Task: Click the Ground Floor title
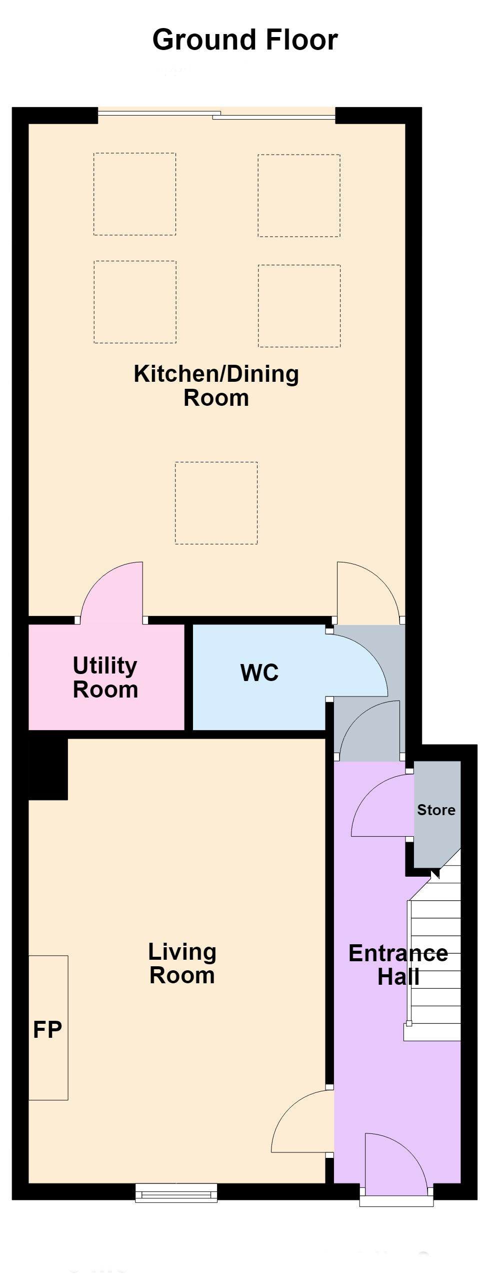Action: pyautogui.click(x=245, y=40)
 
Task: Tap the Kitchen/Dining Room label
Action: pyautogui.click(x=216, y=386)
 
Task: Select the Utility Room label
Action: pyautogui.click(x=105, y=677)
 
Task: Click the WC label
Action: pyautogui.click(x=259, y=673)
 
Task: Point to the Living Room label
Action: pyautogui.click(x=182, y=963)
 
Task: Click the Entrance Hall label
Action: pyautogui.click(x=398, y=965)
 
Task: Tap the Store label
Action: pyautogui.click(x=436, y=810)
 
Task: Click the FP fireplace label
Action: pyautogui.click(x=47, y=1029)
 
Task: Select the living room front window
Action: pyautogui.click(x=176, y=1192)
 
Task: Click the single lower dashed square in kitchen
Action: pyautogui.click(x=216, y=503)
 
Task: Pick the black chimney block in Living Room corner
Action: pyautogui.click(x=48, y=769)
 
